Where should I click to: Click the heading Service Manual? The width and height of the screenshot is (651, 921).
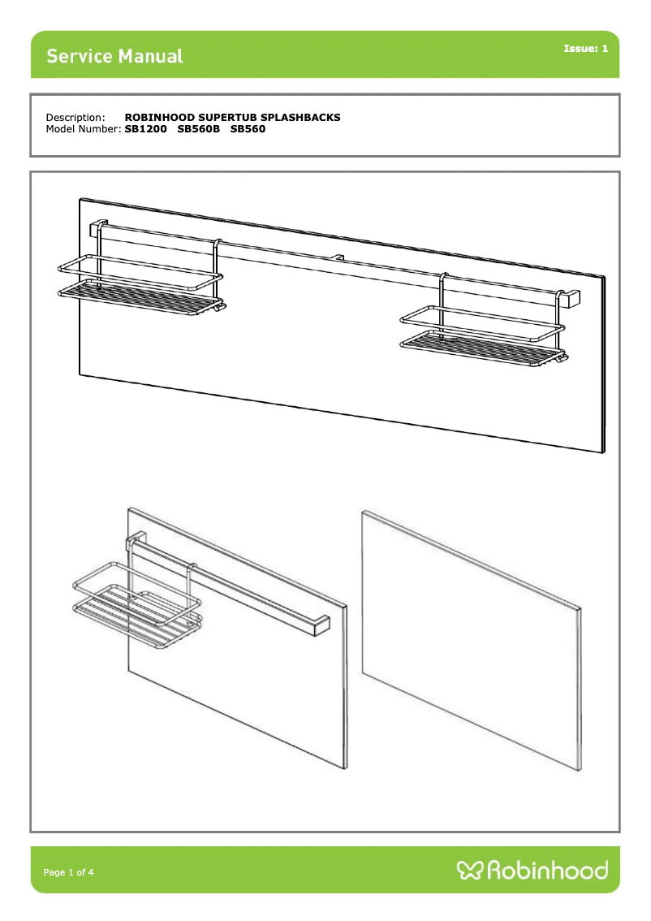point(114,56)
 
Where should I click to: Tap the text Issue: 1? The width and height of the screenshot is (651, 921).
point(585,48)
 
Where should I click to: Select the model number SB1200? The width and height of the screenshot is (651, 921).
point(145,128)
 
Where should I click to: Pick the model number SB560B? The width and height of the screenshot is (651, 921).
point(198,128)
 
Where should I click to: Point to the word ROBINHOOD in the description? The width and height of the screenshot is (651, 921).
point(160,118)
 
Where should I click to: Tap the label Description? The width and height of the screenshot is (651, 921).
point(75,118)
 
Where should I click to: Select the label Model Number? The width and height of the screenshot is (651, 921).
point(84,128)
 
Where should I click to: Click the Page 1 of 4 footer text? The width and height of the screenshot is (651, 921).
point(68,872)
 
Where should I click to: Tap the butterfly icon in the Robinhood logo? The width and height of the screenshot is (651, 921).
point(470,870)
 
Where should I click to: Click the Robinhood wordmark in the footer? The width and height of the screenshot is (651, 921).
point(548,870)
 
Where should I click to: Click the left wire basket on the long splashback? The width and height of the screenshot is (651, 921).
point(141,285)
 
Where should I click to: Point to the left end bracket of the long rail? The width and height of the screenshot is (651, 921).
point(98,228)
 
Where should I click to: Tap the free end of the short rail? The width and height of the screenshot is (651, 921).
point(322,626)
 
